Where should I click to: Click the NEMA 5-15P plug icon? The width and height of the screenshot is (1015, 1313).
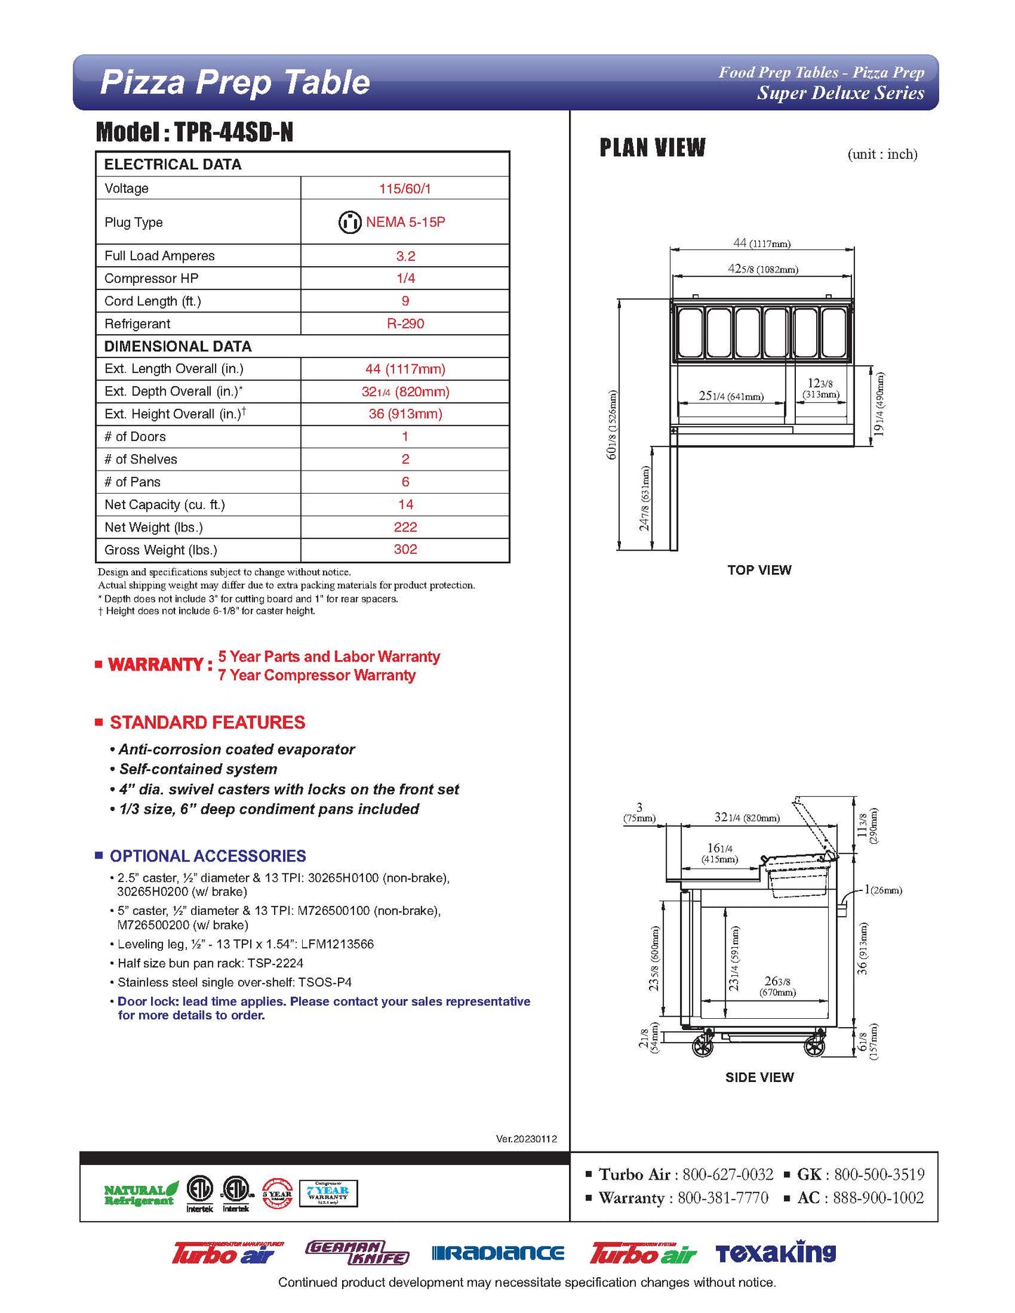(x=349, y=222)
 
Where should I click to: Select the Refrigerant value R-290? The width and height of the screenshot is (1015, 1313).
(x=405, y=324)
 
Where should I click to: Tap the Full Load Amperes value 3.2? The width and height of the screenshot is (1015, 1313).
(x=405, y=256)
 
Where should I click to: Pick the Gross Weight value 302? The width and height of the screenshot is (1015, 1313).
(x=405, y=550)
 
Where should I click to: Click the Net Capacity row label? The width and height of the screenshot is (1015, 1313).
(x=164, y=505)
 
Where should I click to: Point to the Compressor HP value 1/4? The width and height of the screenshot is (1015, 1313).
(x=405, y=279)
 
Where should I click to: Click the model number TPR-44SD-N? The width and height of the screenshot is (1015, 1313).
(x=233, y=132)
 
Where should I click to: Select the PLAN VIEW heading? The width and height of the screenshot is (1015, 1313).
(x=652, y=148)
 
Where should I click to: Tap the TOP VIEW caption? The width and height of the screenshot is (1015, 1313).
(x=759, y=570)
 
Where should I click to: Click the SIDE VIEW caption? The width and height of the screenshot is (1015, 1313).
(x=759, y=1077)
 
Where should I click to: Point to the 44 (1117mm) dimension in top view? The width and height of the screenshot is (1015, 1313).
(x=761, y=243)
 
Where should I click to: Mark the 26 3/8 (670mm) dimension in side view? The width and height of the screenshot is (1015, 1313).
(x=777, y=986)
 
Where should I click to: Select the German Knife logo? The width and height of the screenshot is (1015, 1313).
(x=357, y=1253)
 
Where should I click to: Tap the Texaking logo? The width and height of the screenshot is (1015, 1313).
(x=775, y=1252)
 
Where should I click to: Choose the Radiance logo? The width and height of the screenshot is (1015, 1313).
(x=498, y=1253)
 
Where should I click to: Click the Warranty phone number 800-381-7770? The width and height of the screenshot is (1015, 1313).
(x=722, y=1198)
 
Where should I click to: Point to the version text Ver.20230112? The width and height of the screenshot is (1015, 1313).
(x=526, y=1139)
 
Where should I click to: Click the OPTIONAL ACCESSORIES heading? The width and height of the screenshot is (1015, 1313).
(x=207, y=856)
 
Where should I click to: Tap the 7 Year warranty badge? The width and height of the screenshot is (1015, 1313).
(x=328, y=1193)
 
